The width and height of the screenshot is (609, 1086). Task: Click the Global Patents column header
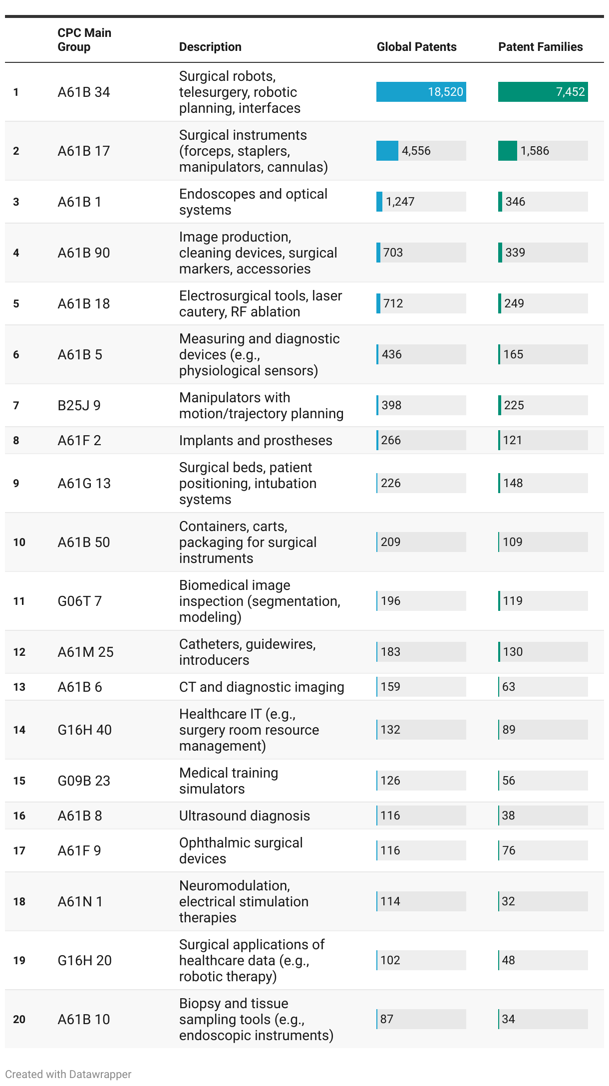[x=416, y=47]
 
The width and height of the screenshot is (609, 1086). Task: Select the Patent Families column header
[x=540, y=47]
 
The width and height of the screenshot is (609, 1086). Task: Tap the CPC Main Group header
[x=84, y=40]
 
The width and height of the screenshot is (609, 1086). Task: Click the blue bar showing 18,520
[x=421, y=92]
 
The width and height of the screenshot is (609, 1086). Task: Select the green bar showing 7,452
[x=543, y=92]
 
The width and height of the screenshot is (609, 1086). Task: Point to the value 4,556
[x=416, y=151]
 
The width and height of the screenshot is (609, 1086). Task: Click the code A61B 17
[x=84, y=151]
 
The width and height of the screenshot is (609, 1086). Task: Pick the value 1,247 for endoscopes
[x=400, y=202]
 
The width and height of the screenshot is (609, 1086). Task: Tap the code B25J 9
[x=79, y=405]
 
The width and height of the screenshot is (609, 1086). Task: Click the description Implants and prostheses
[x=256, y=440]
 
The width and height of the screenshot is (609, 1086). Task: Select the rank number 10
[x=19, y=542]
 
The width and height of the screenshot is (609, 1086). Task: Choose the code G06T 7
[x=79, y=601]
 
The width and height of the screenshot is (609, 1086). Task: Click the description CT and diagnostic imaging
[x=262, y=687]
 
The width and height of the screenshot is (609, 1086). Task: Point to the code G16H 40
[x=84, y=730]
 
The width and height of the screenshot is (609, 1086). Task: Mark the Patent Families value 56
[x=509, y=781]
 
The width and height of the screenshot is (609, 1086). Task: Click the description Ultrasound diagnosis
[x=245, y=815]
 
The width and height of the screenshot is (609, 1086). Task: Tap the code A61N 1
[x=80, y=901]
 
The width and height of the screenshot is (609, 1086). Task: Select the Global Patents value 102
[x=390, y=960]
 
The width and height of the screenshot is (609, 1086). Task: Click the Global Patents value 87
[x=387, y=1019]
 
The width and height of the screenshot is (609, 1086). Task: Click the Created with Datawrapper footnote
[x=68, y=1074]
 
